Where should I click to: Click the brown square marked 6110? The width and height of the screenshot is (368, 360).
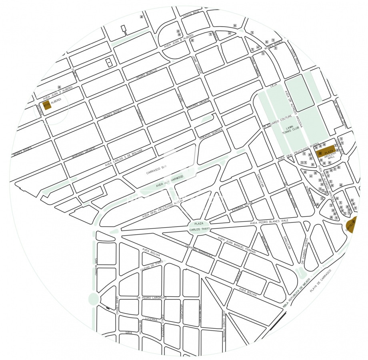tap(46, 105)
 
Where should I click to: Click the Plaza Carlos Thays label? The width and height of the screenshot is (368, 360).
tap(200, 226)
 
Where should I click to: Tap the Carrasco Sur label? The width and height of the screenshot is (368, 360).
tap(156, 170)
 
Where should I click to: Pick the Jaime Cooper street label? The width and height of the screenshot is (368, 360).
tap(195, 64)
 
